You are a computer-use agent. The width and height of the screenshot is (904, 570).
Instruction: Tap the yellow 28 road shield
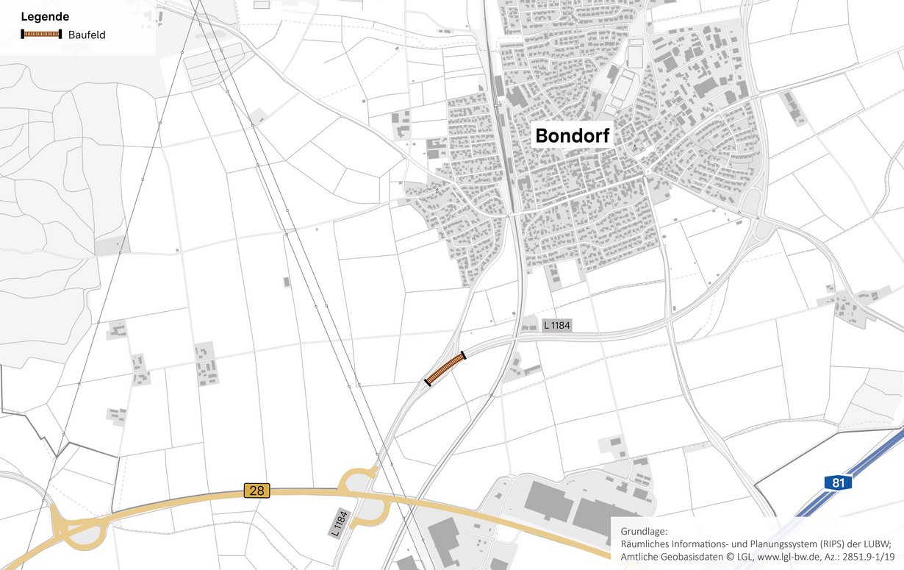257,490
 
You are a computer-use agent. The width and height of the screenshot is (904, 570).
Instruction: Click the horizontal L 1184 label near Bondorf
557,324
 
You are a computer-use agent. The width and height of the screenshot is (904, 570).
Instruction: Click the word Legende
45,16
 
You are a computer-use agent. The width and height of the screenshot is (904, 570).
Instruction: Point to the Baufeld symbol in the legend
41,34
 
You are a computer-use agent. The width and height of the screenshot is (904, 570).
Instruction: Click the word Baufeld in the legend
87,35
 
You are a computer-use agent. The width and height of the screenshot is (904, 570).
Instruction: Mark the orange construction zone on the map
445,368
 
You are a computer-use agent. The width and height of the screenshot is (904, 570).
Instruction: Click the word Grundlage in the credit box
644,531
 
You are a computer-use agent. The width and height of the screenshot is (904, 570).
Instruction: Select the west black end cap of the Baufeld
427,380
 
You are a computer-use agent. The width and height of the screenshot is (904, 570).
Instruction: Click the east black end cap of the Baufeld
464,357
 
